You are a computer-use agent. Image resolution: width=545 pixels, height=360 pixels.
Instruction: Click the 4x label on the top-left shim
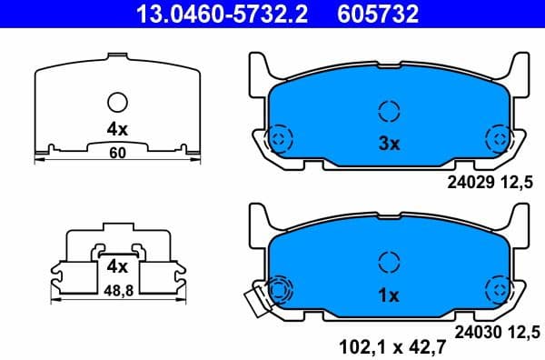click(x=117, y=129)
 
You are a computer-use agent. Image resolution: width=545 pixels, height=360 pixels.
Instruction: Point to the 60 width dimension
click(x=116, y=153)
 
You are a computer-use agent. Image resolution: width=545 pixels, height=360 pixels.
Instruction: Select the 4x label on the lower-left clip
click(x=115, y=267)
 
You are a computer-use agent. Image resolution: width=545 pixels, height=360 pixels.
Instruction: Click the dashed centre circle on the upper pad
click(x=389, y=112)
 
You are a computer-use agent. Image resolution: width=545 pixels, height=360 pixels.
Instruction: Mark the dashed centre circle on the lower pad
click(x=389, y=263)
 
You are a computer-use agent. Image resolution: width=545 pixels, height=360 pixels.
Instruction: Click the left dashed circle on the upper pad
click(x=280, y=139)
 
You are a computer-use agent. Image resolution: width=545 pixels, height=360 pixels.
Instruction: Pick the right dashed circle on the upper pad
click(x=498, y=139)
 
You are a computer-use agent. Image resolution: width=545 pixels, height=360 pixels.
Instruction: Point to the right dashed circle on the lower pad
click(x=498, y=291)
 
